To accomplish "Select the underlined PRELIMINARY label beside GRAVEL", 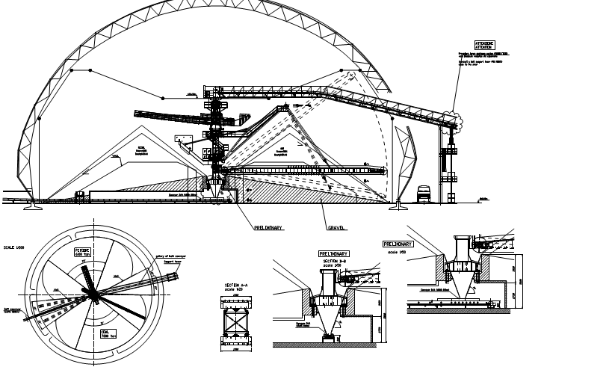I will coord(268,227).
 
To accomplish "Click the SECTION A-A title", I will coord(238,286).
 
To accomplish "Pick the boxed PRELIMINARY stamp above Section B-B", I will coord(334,253).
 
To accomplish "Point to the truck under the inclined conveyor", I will coord(424,193).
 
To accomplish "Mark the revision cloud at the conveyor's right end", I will coord(451,117).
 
